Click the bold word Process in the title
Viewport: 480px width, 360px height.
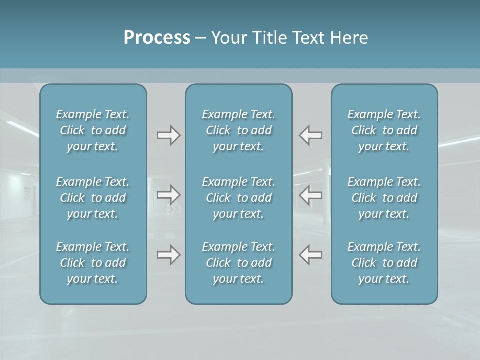coord(157,38)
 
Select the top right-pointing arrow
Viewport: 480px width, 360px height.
coord(169,135)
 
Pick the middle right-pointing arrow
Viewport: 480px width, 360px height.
coord(169,194)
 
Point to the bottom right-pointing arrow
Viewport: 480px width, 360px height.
coord(169,255)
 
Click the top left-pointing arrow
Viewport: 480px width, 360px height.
coord(311,135)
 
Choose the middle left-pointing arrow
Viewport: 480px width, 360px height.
coord(311,194)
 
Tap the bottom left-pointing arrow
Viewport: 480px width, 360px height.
coord(311,255)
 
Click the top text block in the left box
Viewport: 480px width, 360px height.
coord(93,130)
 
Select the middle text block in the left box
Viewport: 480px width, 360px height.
coord(93,198)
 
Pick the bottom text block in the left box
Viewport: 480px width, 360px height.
coord(93,263)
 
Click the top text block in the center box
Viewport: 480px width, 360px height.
coord(239,130)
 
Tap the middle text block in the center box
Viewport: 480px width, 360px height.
coord(239,198)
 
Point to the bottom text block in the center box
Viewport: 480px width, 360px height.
coord(239,263)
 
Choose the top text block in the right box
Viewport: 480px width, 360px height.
coord(384,130)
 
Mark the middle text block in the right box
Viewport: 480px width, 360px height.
coord(384,198)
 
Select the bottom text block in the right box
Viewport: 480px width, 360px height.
coord(384,263)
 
